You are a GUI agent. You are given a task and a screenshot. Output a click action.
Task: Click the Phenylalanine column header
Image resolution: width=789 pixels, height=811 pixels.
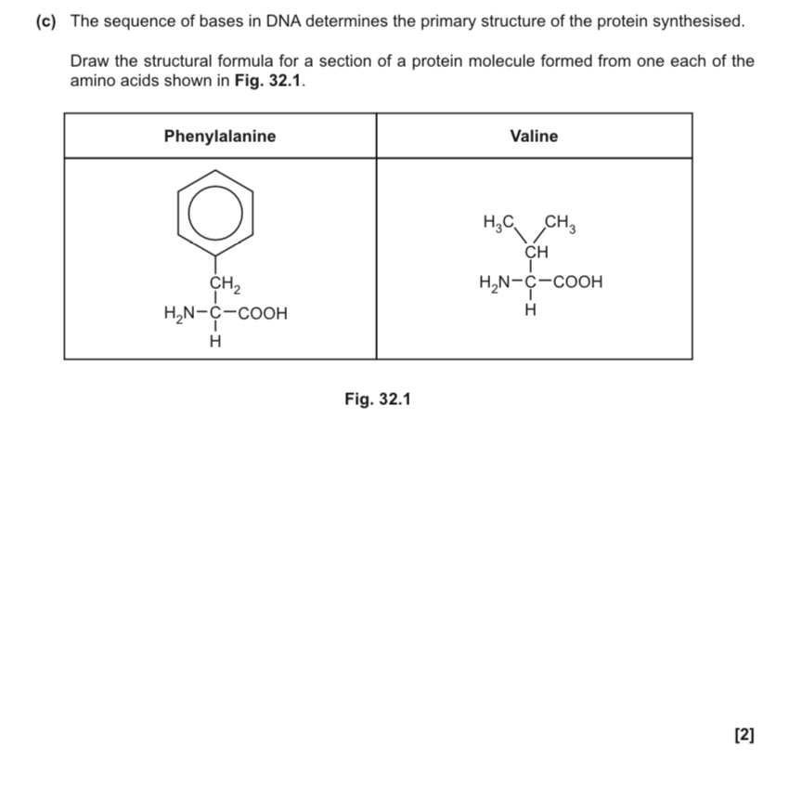point(220,137)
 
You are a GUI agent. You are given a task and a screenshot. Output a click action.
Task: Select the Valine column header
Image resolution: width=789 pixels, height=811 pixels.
point(534,137)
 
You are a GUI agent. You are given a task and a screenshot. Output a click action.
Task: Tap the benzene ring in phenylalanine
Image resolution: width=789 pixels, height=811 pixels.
point(215,214)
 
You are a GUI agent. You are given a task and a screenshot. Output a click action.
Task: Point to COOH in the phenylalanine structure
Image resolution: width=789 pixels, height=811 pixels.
point(263,314)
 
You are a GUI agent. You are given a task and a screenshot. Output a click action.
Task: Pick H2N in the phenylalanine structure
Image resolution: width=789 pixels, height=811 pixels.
point(180,314)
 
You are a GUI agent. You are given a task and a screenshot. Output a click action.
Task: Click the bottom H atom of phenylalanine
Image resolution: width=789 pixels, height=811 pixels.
point(216,342)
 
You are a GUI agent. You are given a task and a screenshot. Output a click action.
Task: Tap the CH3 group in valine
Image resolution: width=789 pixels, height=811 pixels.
point(561,223)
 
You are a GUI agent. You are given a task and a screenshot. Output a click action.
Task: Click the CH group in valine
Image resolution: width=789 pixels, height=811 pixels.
point(536,252)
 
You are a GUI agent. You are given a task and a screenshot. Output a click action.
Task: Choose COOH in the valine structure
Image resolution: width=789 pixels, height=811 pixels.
point(577,281)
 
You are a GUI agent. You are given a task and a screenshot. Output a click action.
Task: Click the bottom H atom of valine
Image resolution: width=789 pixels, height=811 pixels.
point(531,310)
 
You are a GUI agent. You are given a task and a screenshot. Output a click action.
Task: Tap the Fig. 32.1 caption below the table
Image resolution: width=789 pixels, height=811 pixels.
point(377,399)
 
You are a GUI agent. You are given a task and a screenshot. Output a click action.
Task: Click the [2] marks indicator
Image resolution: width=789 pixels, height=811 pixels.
point(744,736)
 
